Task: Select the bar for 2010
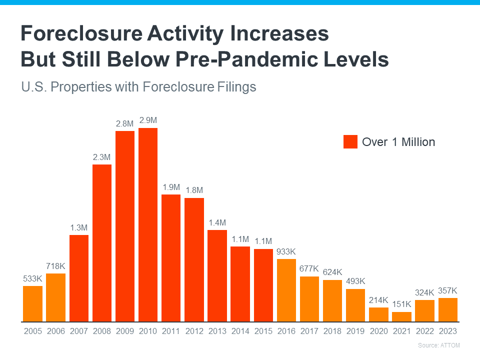tap(148, 224)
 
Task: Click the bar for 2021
tap(401, 316)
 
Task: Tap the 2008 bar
tap(102, 242)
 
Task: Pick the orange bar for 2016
tap(286, 290)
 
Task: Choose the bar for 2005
tap(33, 303)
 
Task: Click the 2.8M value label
tap(125, 123)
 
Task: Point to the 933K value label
tap(286, 251)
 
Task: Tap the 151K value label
tap(401, 304)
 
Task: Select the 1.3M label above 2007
tap(79, 227)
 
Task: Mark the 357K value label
tap(447, 290)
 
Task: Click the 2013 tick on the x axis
tap(217, 331)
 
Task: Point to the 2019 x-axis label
tap(355, 331)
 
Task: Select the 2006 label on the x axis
tap(56, 331)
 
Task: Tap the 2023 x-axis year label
tap(447, 331)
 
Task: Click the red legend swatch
tap(350, 142)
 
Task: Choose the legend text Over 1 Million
tap(398, 142)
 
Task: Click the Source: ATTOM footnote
tap(438, 345)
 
